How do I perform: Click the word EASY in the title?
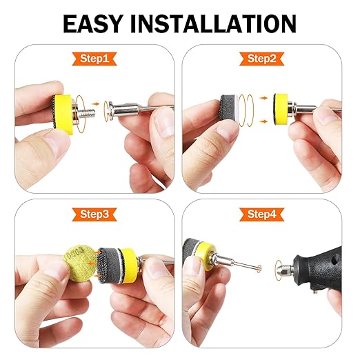point(92,23)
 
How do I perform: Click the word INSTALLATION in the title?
point(213,23)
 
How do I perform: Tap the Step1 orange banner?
point(94,59)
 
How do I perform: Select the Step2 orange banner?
point(262,59)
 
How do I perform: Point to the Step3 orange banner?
point(94,214)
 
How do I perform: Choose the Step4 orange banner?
point(262,214)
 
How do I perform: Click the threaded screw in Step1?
point(87,113)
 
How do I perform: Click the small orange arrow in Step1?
point(94,104)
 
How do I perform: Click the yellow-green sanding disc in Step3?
point(77,263)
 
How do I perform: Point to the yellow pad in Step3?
point(129,266)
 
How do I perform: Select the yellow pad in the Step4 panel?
point(206,256)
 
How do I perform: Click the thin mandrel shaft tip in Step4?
point(260,268)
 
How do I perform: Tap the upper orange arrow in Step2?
point(264,98)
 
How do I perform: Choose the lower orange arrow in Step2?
point(264,121)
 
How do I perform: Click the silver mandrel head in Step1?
point(111,111)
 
